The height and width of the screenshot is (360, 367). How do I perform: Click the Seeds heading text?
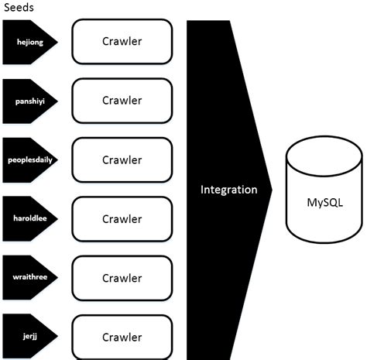tap(17, 7)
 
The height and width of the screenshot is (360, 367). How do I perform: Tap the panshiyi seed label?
tap(29, 101)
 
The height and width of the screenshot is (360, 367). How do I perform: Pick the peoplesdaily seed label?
tap(29, 160)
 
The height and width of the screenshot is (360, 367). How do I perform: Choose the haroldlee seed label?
tap(29, 219)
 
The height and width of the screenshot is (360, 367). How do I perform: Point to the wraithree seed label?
tap(29, 278)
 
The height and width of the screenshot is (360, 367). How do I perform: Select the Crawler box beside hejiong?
tap(122, 42)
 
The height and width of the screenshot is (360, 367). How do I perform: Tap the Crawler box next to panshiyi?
tap(122, 101)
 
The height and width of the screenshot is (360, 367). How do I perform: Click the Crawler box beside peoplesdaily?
tap(122, 159)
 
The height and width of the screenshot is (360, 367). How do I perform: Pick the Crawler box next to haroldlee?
tap(122, 218)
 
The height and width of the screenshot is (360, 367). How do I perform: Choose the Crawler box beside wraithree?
tap(122, 277)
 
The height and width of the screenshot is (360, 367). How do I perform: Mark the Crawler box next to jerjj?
tap(122, 337)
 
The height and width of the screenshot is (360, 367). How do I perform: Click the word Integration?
tap(228, 190)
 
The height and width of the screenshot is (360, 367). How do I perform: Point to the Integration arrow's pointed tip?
tap(272, 190)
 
